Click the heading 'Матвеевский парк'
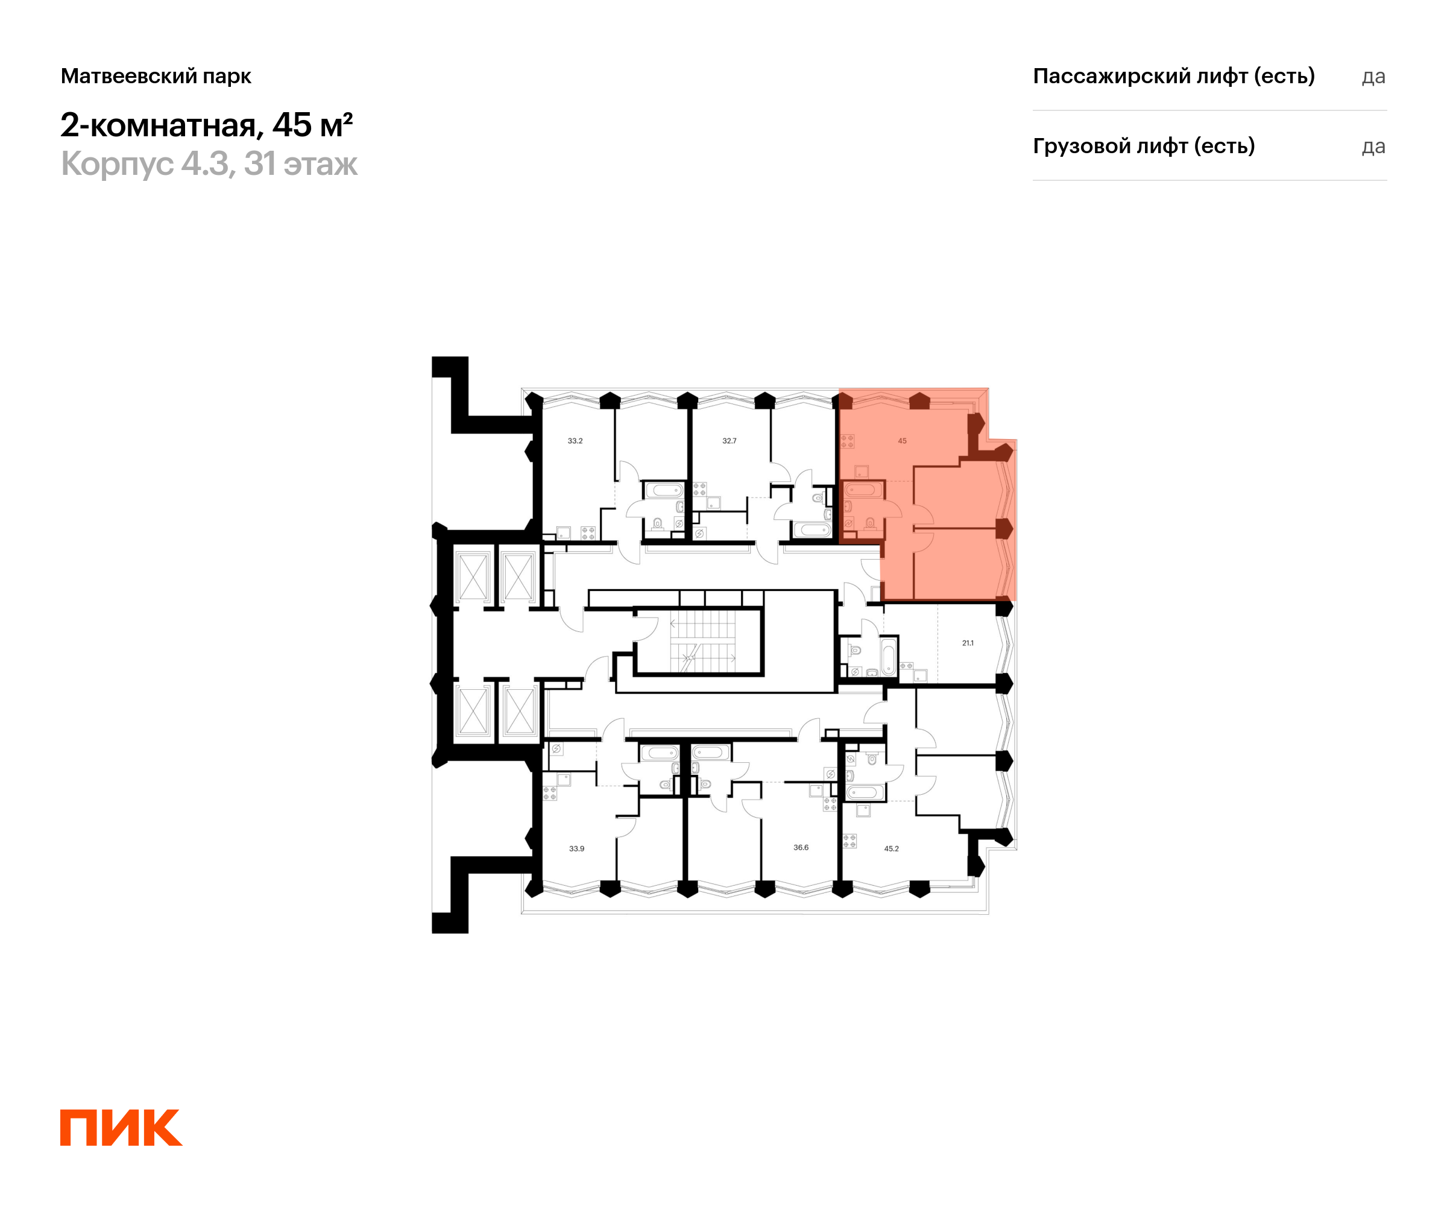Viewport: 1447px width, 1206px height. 156,76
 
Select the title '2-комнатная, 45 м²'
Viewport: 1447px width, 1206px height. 207,125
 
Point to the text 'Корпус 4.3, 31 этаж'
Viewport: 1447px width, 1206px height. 209,164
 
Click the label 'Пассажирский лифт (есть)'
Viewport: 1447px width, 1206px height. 1173,76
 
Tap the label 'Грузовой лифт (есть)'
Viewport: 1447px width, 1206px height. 1144,146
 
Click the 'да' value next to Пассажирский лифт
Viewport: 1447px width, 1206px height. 1373,77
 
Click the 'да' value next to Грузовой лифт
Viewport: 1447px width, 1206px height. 1373,147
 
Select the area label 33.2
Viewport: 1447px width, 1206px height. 575,441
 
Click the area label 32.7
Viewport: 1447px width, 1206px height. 729,441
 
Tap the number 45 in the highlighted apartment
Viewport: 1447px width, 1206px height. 902,441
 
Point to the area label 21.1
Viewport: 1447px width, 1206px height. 968,643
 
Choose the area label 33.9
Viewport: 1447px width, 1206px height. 576,849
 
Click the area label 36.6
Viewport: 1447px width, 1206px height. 801,848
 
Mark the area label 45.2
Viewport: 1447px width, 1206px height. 891,849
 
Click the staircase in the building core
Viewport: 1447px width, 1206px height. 703,643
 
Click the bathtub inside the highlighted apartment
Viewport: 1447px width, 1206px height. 863,490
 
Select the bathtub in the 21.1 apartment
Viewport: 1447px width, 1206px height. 888,656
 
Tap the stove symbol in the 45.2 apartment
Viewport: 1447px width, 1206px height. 850,841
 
